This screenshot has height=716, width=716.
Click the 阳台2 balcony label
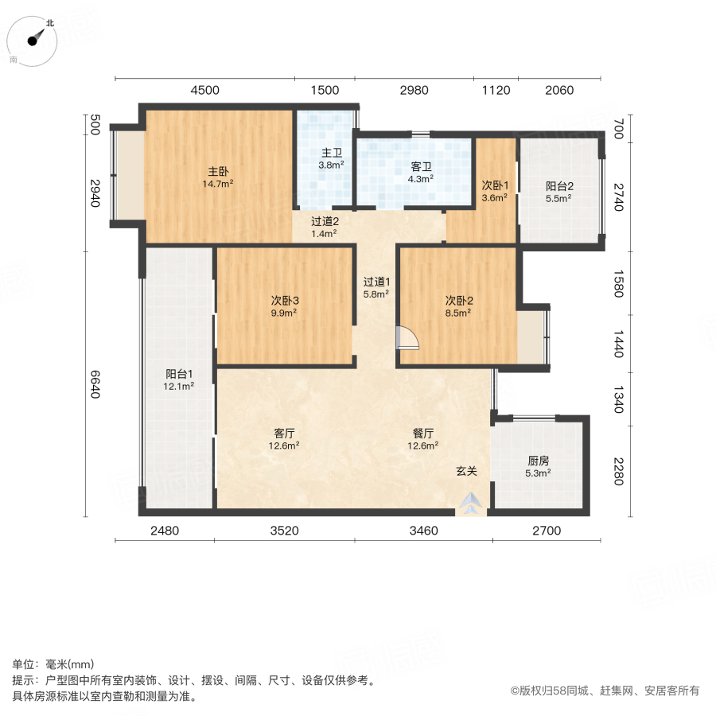coord(559,185)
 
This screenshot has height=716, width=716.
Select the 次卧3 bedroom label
coord(284,301)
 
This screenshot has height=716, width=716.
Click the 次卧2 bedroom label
coord(459,301)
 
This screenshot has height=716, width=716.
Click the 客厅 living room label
coord(285,434)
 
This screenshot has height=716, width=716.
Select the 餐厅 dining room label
coord(423,434)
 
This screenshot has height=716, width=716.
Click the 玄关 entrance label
coord(466,471)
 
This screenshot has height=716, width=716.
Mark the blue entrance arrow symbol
coord(471,502)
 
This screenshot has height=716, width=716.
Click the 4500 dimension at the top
coord(204,90)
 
